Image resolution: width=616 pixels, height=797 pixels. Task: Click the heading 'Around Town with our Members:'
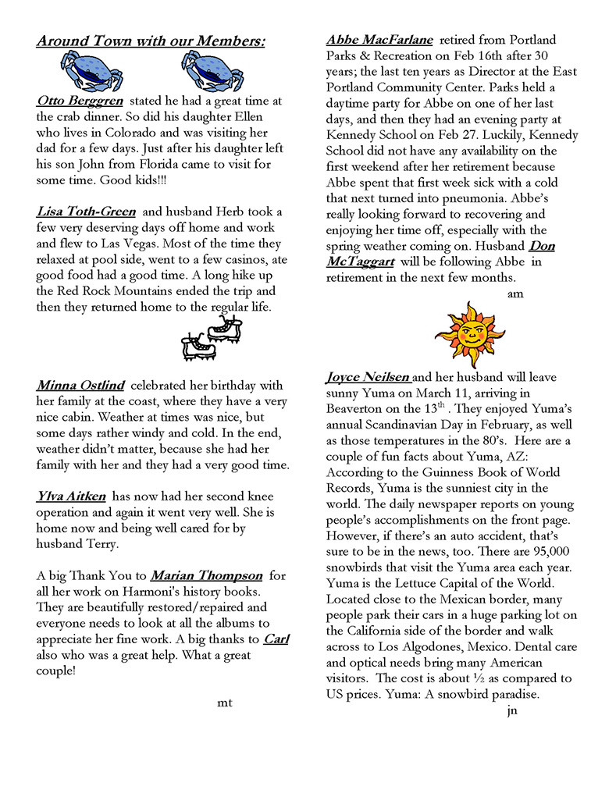(x=151, y=41)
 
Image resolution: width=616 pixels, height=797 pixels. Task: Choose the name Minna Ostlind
(x=80, y=385)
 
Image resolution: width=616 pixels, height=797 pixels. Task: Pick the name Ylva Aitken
(x=73, y=496)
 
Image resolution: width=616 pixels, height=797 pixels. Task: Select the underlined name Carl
(x=276, y=639)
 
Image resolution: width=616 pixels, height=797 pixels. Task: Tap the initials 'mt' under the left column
(x=225, y=703)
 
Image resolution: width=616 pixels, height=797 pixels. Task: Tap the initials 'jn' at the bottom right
(x=511, y=710)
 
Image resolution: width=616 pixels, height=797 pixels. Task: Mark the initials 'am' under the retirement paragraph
(x=515, y=294)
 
